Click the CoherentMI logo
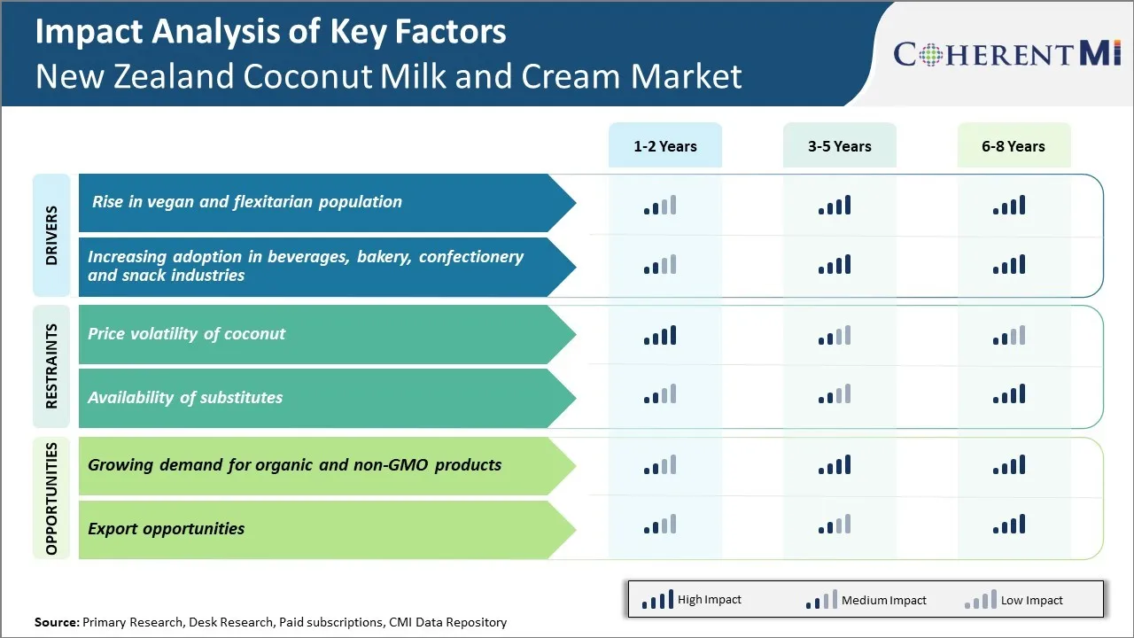[1007, 54]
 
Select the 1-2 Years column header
[664, 146]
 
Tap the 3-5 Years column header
[839, 146]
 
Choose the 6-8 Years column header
[1013, 146]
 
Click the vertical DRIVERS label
[51, 236]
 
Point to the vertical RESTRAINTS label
[51, 366]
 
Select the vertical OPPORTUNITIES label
[51, 498]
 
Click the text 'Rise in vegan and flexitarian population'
[246, 202]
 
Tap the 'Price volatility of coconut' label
[186, 334]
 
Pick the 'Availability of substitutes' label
[184, 398]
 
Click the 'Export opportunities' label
[166, 529]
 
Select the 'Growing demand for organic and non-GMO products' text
[294, 465]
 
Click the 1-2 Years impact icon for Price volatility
[660, 335]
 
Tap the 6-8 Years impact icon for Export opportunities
[1009, 525]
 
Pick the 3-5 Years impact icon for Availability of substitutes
[835, 394]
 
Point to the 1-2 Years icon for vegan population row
[660, 206]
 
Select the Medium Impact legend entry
[866, 600]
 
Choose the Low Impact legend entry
[1014, 600]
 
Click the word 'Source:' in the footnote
[57, 622]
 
